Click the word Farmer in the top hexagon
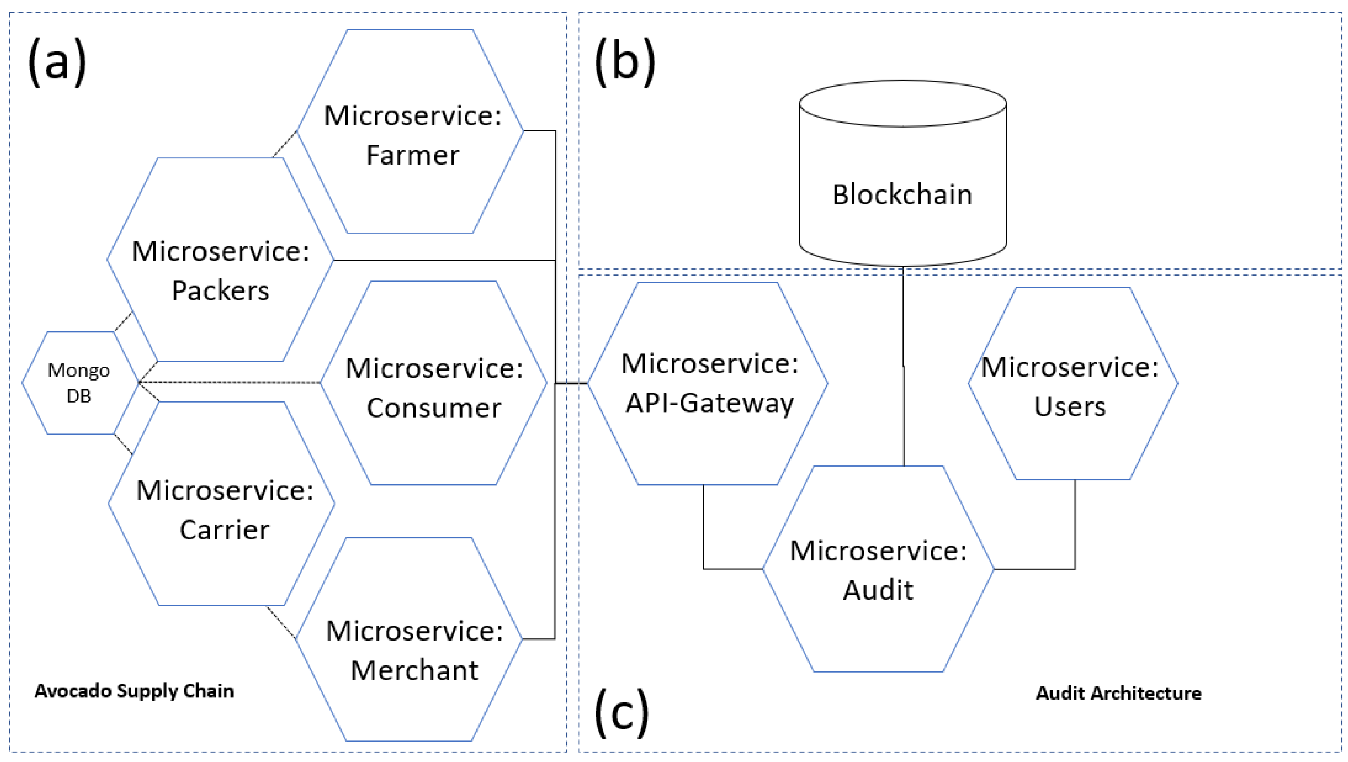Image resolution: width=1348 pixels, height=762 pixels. tap(413, 155)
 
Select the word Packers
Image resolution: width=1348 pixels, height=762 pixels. tap(220, 291)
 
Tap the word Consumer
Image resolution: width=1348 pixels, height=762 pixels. tap(434, 408)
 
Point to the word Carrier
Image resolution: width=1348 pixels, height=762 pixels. tap(224, 530)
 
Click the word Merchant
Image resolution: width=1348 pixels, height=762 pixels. tap(414, 671)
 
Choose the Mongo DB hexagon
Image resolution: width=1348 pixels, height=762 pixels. tap(79, 383)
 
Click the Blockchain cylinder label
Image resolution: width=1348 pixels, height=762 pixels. tap(902, 195)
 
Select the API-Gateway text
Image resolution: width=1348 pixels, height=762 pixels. tap(710, 403)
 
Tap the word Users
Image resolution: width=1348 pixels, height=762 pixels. tap(1070, 407)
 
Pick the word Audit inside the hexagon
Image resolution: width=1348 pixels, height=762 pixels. tap(878, 590)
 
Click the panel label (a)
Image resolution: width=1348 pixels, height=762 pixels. tap(57, 62)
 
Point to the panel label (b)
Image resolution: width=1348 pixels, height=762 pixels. tap(624, 62)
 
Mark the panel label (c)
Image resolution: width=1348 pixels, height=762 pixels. tap(621, 713)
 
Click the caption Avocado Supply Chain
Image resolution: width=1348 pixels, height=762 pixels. tap(134, 691)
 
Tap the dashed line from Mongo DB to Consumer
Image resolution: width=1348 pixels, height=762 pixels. tap(230, 383)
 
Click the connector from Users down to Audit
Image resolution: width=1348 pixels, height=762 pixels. tap(1075, 523)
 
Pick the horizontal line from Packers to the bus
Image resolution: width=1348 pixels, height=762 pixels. tap(445, 260)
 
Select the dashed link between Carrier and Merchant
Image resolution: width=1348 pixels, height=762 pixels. tap(281, 623)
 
